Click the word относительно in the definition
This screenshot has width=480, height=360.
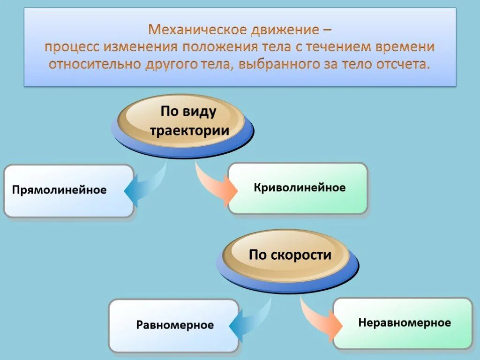click(x=94, y=64)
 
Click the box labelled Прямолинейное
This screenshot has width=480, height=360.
click(x=68, y=191)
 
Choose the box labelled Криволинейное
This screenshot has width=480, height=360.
click(x=298, y=188)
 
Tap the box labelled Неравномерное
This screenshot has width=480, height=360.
click(x=403, y=323)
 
